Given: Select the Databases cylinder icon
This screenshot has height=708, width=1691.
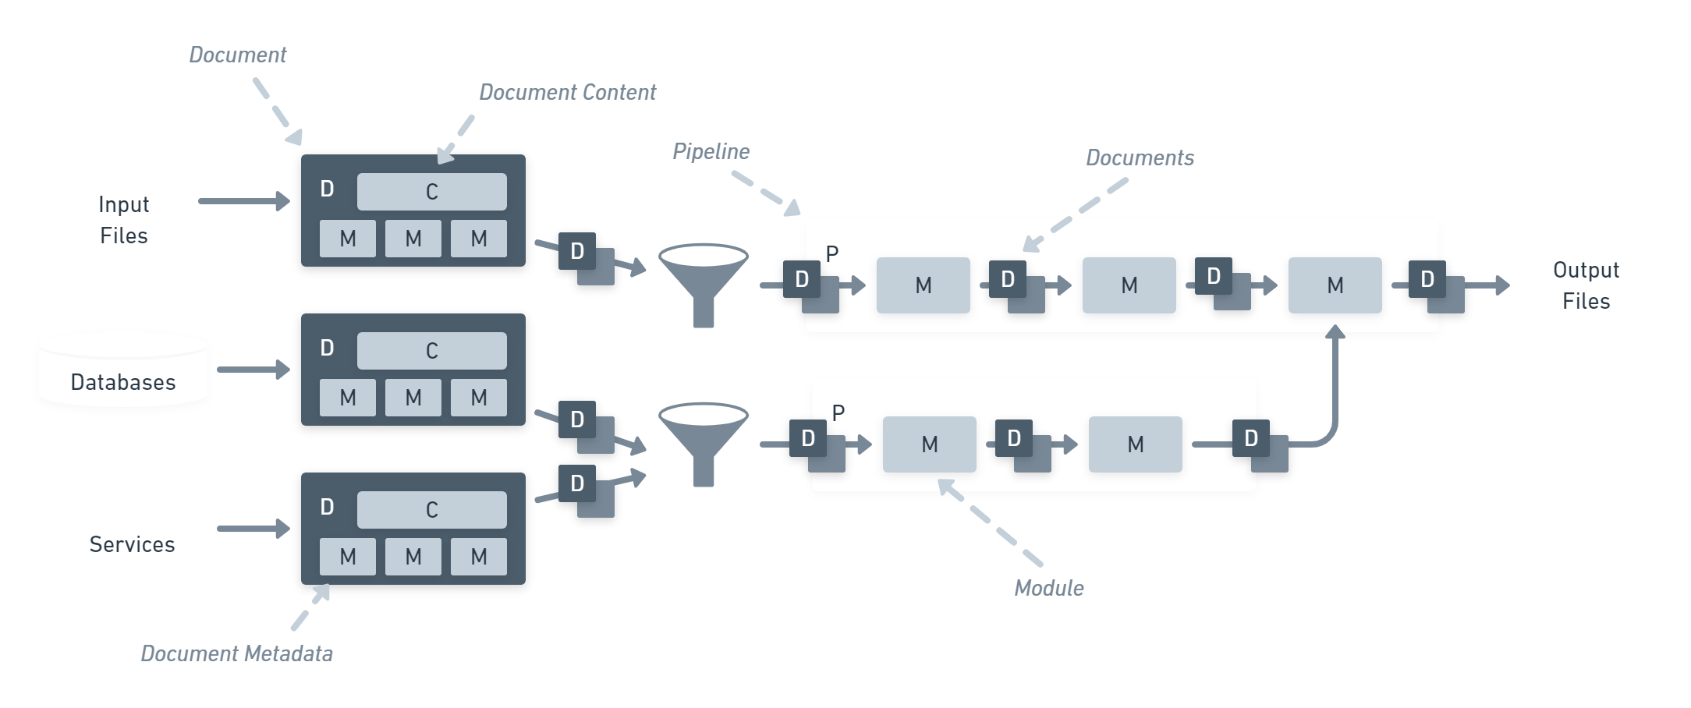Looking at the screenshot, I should coord(123,370).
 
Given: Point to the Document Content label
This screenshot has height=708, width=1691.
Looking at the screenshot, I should coord(567,93).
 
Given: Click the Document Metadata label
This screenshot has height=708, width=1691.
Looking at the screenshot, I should coord(236,653).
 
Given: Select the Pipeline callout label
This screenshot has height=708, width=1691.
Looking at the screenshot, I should coord(711,151).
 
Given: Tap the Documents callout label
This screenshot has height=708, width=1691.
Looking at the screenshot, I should coord(1140,158).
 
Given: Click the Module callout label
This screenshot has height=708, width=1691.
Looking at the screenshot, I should coord(1048,588).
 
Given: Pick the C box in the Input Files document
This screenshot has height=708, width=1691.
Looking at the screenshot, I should coord(431,192).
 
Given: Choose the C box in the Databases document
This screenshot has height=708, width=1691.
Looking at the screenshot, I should coord(431,351).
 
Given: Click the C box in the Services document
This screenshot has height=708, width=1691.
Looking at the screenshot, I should coord(431,510).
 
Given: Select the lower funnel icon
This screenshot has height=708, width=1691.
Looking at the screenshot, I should coord(704,441).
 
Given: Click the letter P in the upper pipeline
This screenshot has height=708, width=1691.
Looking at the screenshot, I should coord(832,253).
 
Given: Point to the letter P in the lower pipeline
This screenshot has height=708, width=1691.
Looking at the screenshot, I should coord(838,412).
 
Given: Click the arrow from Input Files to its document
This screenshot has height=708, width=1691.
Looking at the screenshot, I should coord(243,201).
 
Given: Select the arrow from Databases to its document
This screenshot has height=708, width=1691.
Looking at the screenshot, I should coord(253,370).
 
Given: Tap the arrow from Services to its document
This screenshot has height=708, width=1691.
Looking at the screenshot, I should coord(253,529).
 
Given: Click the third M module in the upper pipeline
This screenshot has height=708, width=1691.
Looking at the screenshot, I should coord(1335,285).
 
